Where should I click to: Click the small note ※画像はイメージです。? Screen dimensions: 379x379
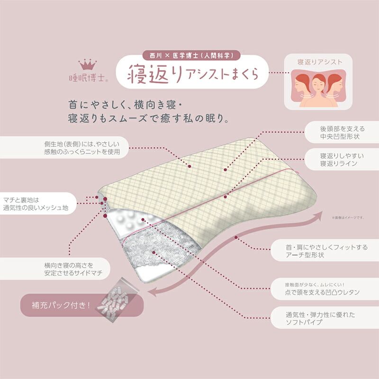348,217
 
